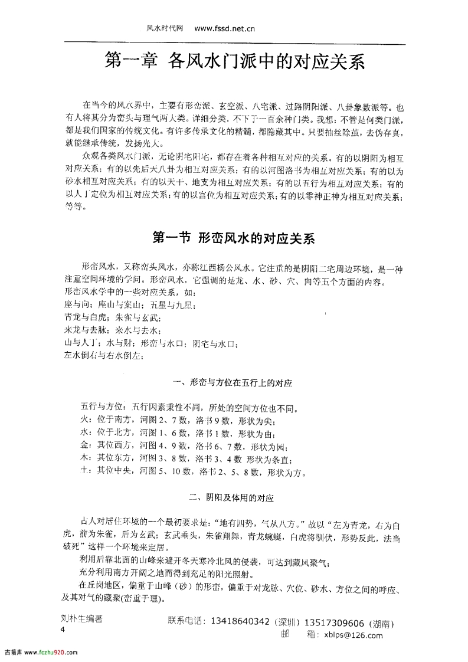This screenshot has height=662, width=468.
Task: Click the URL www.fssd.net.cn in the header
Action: [x=224, y=27]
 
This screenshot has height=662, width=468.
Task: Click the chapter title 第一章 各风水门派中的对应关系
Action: [x=234, y=61]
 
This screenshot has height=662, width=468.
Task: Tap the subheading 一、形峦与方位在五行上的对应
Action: [x=234, y=383]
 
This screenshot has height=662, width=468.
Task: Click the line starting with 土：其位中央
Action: [x=188, y=472]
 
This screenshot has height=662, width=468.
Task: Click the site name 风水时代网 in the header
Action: [x=163, y=27]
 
